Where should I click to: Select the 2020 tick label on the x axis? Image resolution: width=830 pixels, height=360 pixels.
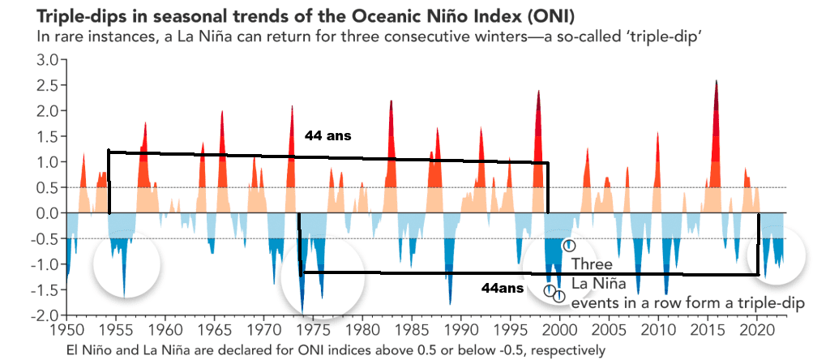point(757,332)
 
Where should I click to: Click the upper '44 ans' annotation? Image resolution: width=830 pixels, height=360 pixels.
point(327,136)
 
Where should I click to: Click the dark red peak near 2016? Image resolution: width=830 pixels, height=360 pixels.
point(717,84)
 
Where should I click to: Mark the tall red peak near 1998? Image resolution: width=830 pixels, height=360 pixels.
point(538,93)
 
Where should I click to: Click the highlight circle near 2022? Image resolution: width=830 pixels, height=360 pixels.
point(777,255)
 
